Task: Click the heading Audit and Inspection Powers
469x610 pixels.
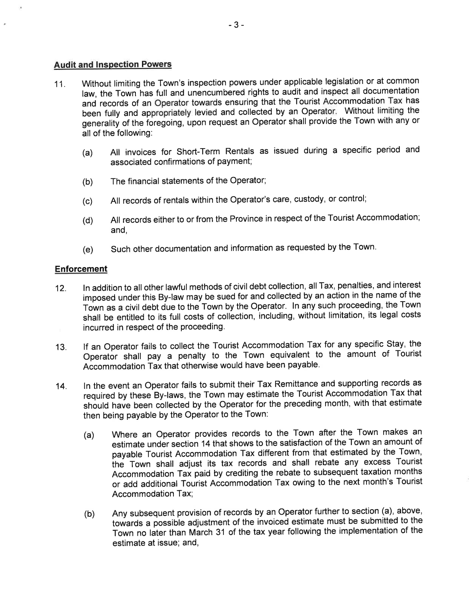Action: [113, 64]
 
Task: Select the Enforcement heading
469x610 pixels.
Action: [81, 269]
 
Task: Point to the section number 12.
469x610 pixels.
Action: [60, 288]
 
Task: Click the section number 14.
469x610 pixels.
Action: [60, 387]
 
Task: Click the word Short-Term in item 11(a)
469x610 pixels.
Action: [196, 152]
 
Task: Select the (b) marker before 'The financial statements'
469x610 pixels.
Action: [88, 182]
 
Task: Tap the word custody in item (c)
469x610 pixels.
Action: [310, 199]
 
